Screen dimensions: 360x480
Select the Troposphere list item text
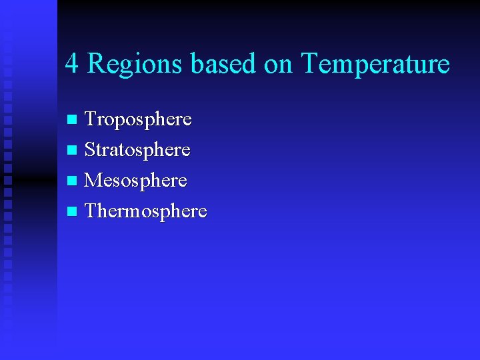(x=138, y=120)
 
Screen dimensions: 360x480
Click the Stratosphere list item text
(x=137, y=150)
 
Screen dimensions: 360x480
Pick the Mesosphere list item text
(x=136, y=181)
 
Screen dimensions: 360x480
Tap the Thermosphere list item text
(x=146, y=211)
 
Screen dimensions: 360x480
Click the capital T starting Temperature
(x=310, y=64)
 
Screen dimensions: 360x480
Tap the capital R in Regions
(x=97, y=64)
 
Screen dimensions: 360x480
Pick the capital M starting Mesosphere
(x=93, y=181)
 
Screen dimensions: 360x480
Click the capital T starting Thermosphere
(x=91, y=211)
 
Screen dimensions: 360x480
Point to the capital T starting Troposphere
(x=91, y=120)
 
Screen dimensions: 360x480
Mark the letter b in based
(x=197, y=64)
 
